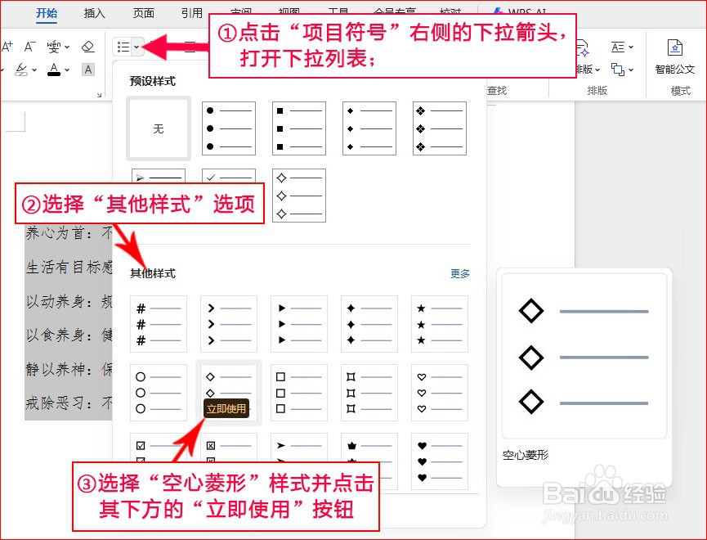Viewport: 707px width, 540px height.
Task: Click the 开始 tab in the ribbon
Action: click(x=47, y=13)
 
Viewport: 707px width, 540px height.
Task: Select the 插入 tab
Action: click(x=95, y=13)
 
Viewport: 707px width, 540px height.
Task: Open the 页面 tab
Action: click(x=144, y=13)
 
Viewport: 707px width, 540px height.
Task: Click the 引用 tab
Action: click(x=192, y=13)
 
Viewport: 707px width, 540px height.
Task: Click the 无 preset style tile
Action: click(x=159, y=128)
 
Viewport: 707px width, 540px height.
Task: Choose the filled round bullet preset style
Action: click(x=229, y=128)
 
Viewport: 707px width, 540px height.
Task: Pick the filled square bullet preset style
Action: click(x=299, y=128)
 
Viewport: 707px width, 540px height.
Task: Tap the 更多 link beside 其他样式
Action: click(x=460, y=273)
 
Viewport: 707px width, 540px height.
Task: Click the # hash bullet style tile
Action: click(x=159, y=324)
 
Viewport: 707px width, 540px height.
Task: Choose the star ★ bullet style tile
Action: click(x=440, y=324)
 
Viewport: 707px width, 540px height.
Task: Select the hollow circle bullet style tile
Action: click(x=159, y=393)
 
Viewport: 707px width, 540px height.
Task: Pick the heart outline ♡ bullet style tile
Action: click(x=440, y=393)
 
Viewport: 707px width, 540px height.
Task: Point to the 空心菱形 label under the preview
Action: click(x=526, y=455)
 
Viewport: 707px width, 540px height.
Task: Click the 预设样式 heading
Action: click(x=153, y=81)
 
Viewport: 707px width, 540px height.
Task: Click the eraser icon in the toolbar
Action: click(x=88, y=47)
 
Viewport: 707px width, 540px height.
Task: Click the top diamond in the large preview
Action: click(x=531, y=311)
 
